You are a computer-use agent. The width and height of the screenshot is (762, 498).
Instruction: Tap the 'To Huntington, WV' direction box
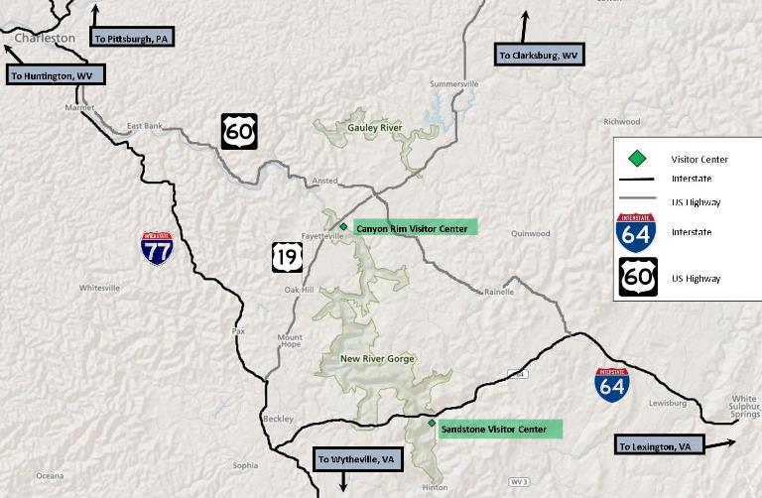tap(55, 74)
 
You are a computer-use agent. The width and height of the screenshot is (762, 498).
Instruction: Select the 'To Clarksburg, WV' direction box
tap(539, 56)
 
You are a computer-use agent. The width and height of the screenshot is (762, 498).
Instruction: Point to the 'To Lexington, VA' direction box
tap(658, 446)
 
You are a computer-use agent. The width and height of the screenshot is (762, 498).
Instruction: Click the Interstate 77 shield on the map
tap(157, 248)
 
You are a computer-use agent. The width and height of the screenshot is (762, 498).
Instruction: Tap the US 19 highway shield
tap(287, 257)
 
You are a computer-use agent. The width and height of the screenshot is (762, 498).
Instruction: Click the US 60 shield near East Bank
tap(239, 131)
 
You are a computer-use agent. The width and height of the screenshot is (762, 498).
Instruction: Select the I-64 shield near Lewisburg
tap(611, 384)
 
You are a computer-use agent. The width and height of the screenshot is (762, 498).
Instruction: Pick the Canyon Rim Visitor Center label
tap(411, 229)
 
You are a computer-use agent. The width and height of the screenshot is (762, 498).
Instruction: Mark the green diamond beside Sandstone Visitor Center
tap(432, 424)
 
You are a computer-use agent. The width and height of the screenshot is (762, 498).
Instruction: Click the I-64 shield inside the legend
tap(635, 231)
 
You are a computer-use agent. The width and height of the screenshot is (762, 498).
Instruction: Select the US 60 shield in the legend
tap(635, 277)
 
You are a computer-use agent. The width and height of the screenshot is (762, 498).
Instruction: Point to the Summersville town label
tap(454, 84)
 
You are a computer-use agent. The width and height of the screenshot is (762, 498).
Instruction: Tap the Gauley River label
tap(374, 128)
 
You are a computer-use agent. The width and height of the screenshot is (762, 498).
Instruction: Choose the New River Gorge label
tap(377, 359)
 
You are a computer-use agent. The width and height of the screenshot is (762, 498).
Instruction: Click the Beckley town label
tap(279, 419)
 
